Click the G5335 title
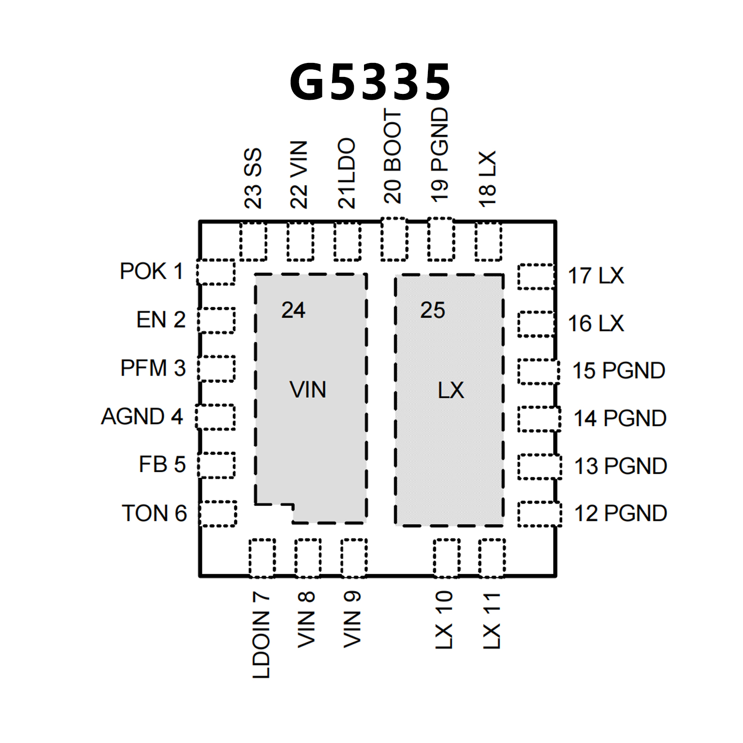pyautogui.click(x=370, y=82)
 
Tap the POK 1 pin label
pyautogui.click(x=152, y=271)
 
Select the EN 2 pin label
pyautogui.click(x=161, y=319)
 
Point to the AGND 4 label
pyautogui.click(x=142, y=416)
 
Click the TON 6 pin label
pyautogui.click(x=154, y=513)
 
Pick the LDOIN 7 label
pyautogui.click(x=261, y=634)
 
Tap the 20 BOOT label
pyautogui.click(x=393, y=156)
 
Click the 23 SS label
pyautogui.click(x=253, y=178)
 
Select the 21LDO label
pyautogui.click(x=347, y=173)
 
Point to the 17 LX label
pyautogui.click(x=596, y=276)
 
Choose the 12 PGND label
pyautogui.click(x=621, y=513)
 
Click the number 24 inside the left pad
pyautogui.click(x=293, y=310)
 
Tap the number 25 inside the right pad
pyautogui.click(x=432, y=310)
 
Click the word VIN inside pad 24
pyautogui.click(x=308, y=390)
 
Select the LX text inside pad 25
pyautogui.click(x=451, y=390)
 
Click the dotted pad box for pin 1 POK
pyautogui.click(x=216, y=272)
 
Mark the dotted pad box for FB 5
pyautogui.click(x=216, y=465)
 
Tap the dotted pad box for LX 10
pyautogui.click(x=446, y=558)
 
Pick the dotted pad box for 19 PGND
pyautogui.click(x=441, y=239)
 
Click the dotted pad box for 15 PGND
pyautogui.click(x=538, y=371)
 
